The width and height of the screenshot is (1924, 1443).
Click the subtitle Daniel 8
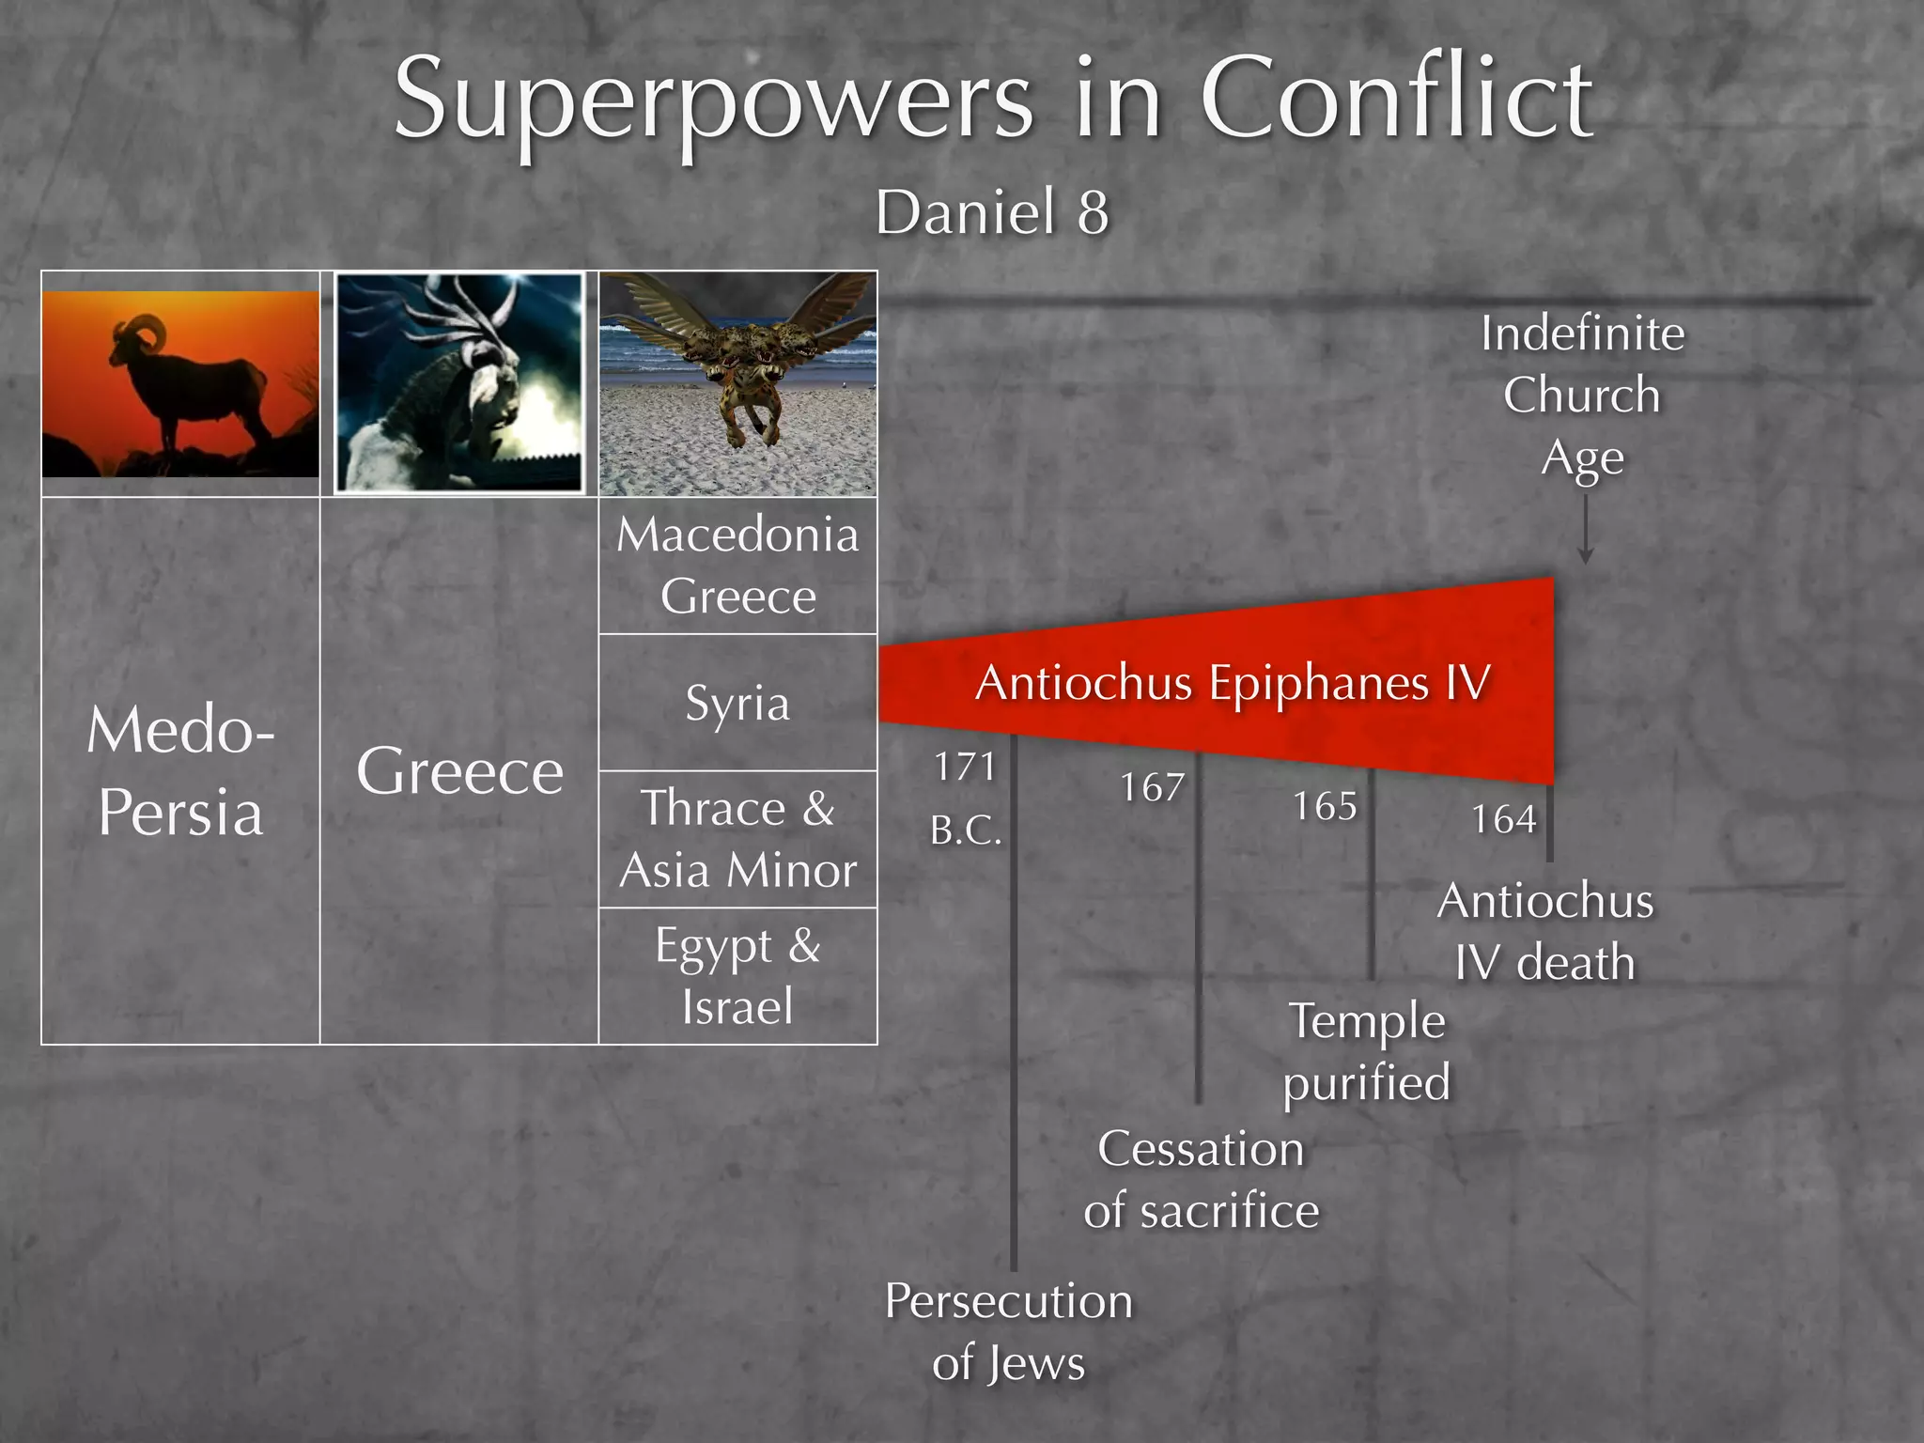(992, 212)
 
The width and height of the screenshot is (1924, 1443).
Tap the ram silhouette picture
(180, 383)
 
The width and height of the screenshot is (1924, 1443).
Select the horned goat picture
(459, 382)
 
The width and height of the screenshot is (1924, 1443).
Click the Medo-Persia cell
(180, 770)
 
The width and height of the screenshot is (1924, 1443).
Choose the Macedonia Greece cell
(738, 566)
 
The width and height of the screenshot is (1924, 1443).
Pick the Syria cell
(738, 703)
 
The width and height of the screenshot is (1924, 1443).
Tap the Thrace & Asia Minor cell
(738, 839)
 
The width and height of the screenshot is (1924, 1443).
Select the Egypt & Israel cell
(738, 976)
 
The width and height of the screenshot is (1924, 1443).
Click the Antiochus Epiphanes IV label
(1233, 682)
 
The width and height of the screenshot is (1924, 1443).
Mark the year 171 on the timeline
(965, 768)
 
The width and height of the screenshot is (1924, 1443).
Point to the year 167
(1152, 787)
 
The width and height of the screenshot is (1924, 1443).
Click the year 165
(1325, 806)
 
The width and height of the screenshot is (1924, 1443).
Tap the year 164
(1503, 820)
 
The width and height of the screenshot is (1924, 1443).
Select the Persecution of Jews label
(1009, 1331)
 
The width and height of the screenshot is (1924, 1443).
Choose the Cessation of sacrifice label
(1201, 1179)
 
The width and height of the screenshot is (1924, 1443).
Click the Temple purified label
(1367, 1051)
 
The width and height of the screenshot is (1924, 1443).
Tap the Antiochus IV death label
(1545, 931)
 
